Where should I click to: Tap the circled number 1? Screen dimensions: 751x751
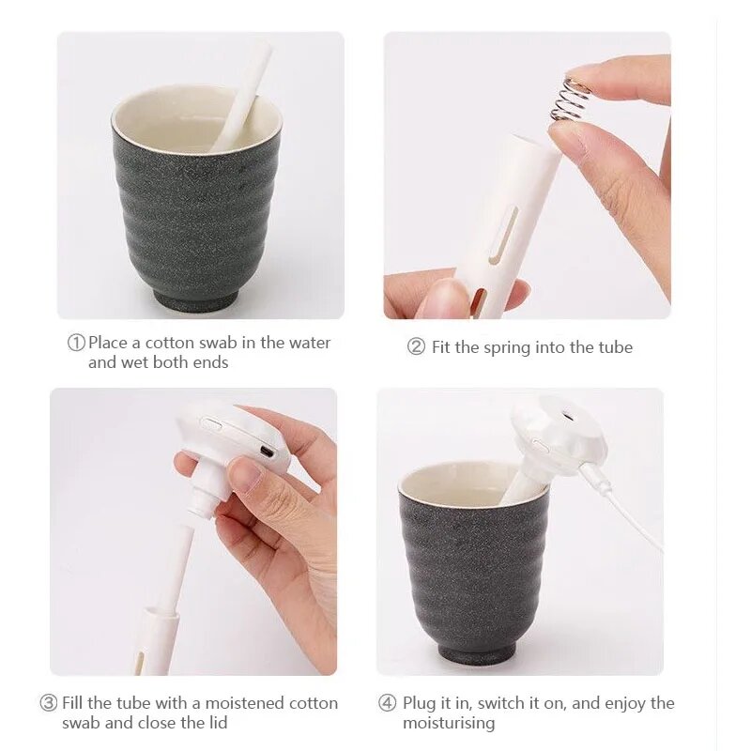76,343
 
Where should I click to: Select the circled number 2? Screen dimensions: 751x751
416,346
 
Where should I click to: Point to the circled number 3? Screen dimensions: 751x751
49,703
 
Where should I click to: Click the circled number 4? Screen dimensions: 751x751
388,703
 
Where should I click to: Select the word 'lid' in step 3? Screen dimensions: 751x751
218,722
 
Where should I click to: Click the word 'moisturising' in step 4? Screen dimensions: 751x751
449,723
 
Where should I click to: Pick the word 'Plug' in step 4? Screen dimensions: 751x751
420,703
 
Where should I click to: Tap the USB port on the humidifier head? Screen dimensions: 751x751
267,451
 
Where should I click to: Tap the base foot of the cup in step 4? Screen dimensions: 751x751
476,651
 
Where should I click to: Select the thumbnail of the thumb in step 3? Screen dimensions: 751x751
248,474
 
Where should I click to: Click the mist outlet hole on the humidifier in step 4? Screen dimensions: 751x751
568,416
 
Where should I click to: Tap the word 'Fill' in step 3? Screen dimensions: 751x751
73,703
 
